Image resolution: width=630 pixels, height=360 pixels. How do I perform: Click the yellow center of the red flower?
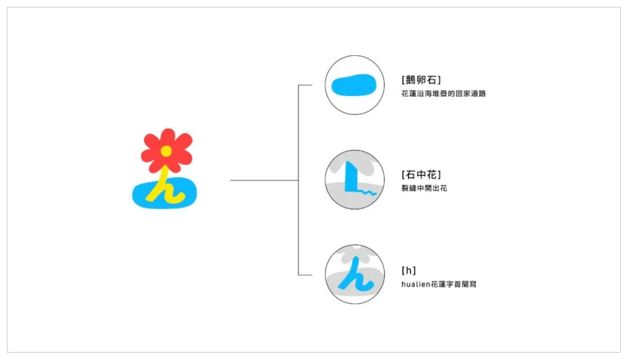166,151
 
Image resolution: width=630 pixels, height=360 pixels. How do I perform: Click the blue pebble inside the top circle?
353,85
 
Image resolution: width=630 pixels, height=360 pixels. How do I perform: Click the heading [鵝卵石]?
421,80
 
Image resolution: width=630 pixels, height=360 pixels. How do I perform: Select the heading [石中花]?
421,175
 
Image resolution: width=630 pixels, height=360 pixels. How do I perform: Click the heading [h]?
408,270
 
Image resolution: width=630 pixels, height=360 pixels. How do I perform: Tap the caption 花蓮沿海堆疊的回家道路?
444,93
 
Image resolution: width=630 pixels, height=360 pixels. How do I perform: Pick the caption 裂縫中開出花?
425,188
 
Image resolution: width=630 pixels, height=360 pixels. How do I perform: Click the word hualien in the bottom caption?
416,284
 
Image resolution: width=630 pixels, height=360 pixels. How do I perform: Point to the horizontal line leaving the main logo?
264,180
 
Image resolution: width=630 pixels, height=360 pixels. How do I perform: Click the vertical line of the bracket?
298,180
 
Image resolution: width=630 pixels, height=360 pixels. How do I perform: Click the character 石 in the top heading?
431,80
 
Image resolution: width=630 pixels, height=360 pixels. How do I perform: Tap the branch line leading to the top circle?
305,85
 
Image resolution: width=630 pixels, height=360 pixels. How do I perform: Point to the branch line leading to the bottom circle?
305,275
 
